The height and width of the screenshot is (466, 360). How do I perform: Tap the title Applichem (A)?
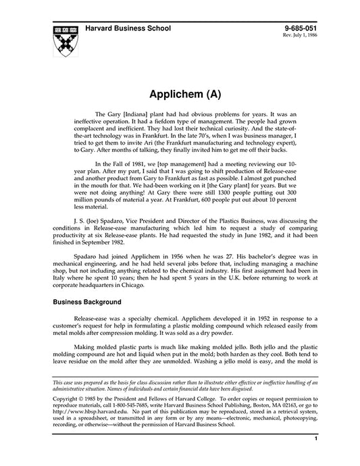(x=180, y=91)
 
